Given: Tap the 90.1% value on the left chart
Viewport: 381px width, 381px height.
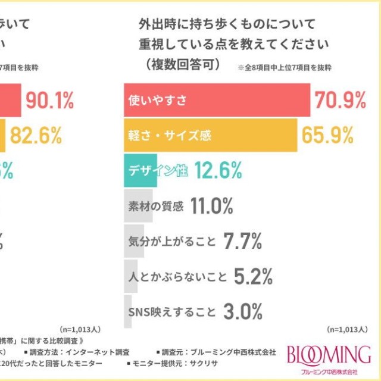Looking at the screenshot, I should coord(49,101).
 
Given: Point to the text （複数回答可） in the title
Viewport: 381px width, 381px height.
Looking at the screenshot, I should coord(180,64).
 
